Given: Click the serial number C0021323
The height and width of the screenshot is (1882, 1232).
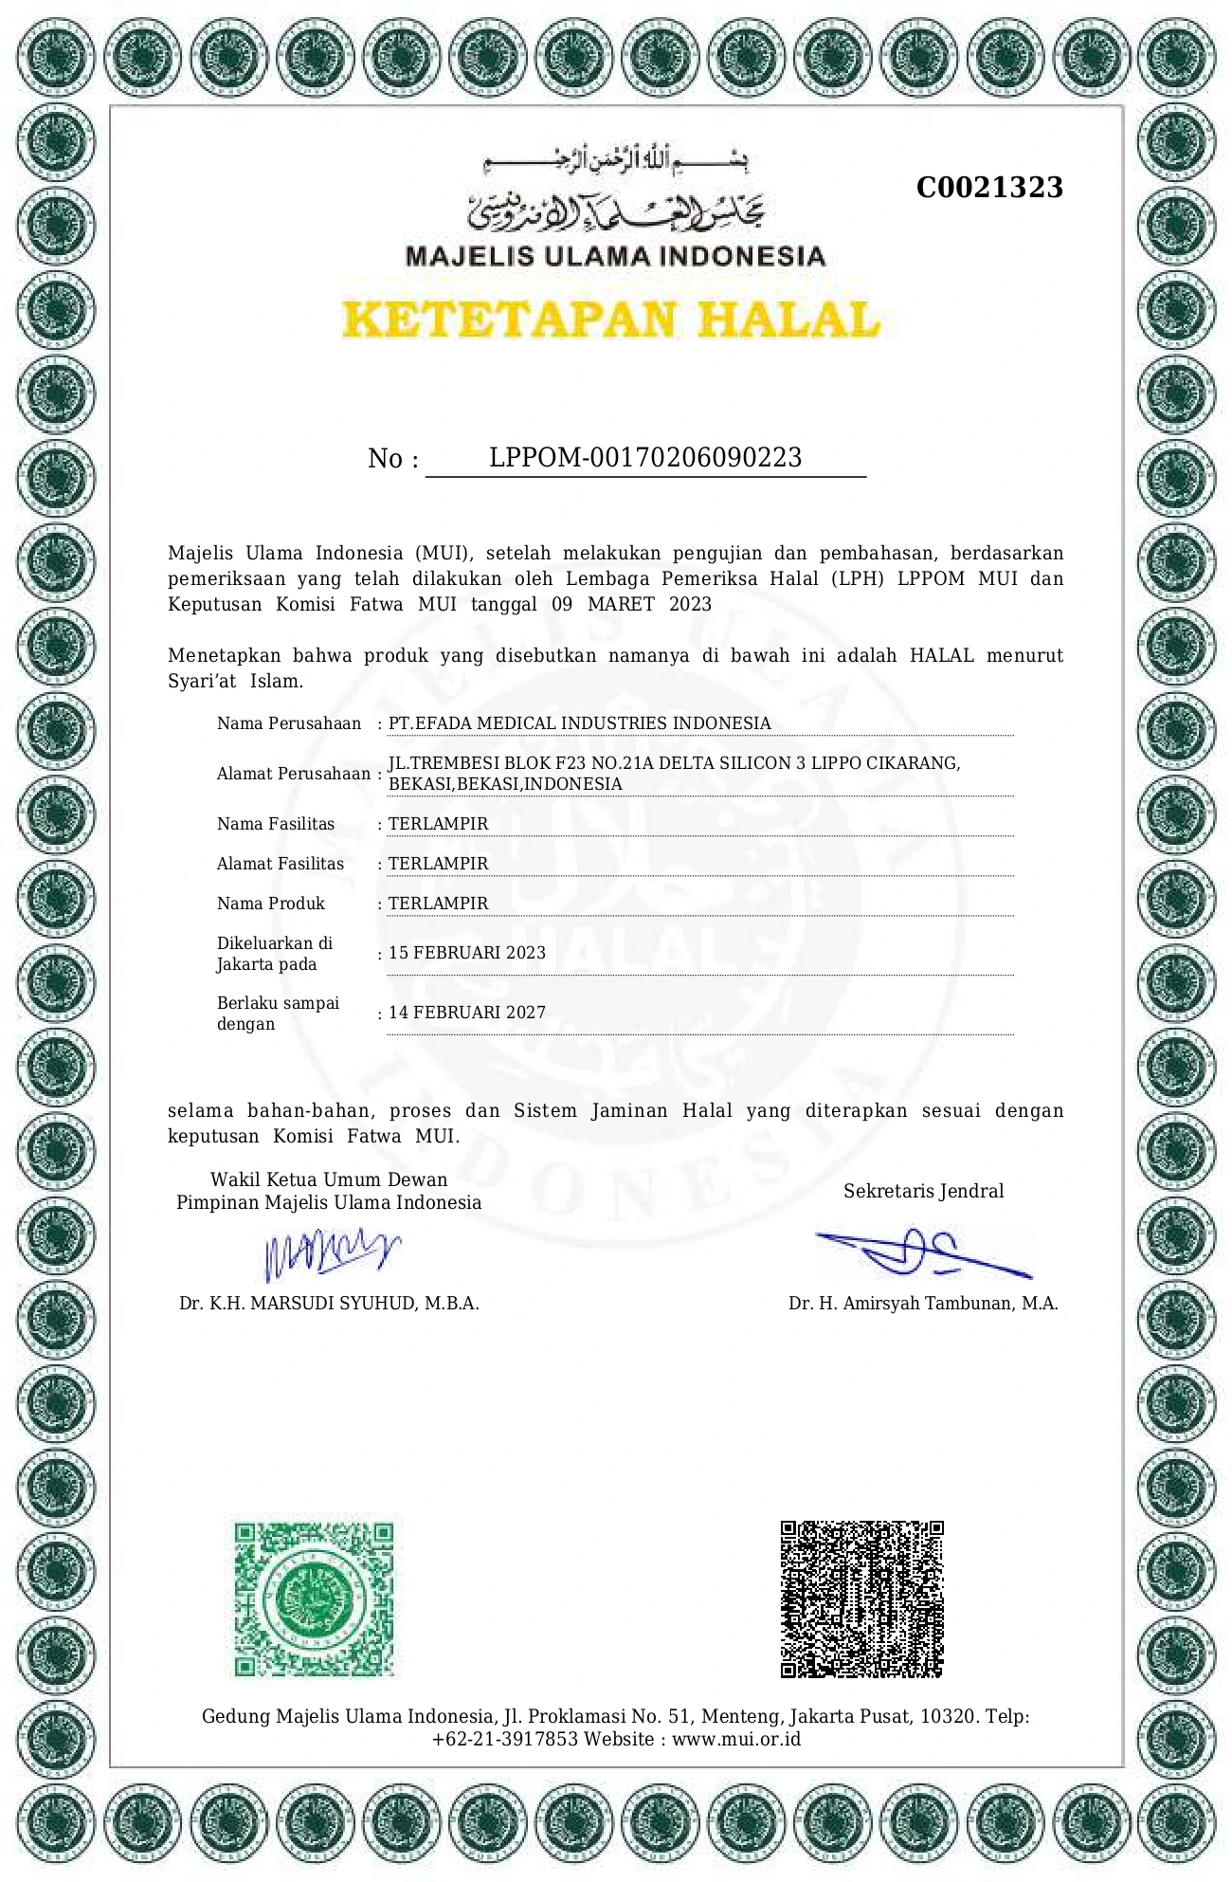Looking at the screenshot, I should (989, 188).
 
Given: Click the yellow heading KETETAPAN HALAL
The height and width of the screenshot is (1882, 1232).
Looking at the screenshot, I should (611, 320).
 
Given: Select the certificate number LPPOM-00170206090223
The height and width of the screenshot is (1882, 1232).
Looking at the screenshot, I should (645, 458).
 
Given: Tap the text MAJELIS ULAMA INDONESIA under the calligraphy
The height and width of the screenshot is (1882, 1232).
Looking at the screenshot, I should (615, 256).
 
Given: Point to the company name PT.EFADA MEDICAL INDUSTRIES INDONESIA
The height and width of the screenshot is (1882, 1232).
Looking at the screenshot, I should (579, 723).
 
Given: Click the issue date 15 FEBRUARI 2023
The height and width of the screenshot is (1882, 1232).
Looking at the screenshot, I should (467, 953).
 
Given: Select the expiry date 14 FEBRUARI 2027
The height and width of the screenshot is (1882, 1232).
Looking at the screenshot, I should (467, 1013).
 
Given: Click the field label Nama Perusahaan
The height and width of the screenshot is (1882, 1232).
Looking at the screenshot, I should (289, 723).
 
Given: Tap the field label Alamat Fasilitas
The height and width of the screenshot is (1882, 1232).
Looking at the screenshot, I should (281, 864).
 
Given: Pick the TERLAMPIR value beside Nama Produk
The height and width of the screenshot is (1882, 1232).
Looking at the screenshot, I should (439, 904).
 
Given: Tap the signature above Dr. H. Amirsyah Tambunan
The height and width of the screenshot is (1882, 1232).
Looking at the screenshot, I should (921, 1252).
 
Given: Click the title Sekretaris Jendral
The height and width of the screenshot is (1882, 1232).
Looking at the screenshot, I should (923, 1191).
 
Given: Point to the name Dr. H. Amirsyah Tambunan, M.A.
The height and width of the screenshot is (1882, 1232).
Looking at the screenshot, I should (923, 1304).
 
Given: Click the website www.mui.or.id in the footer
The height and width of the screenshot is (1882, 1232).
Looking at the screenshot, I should (736, 1739).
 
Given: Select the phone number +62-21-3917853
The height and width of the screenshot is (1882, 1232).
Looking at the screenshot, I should (504, 1739).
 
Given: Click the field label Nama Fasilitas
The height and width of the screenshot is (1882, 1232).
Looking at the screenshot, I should (276, 824).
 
